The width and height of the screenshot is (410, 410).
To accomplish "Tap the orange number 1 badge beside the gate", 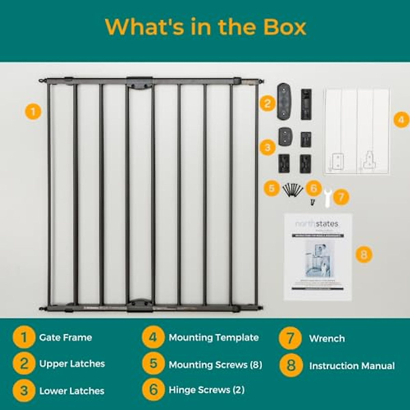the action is (33, 112).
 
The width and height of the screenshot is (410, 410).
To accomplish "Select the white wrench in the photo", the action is (327, 198).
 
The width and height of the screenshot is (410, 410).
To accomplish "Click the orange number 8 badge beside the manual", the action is (364, 255).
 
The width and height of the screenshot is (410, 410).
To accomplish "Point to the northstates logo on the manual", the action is (316, 224).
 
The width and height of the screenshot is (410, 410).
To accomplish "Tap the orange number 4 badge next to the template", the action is (401, 120).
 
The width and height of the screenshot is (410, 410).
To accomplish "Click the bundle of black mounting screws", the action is (292, 189).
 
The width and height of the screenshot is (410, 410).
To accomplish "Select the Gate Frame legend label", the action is (66, 338).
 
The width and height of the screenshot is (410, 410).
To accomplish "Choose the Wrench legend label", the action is (327, 339).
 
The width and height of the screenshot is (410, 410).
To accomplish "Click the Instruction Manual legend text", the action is (352, 366).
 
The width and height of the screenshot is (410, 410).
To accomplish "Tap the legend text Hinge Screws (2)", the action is (207, 390).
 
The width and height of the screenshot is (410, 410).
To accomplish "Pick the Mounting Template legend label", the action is (214, 338).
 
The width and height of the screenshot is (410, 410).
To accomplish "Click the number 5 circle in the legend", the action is (153, 364).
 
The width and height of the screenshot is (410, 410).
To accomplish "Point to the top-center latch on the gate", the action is (139, 83).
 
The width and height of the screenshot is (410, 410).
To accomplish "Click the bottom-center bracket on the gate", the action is (139, 305).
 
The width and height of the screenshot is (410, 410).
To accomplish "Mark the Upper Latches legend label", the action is (72, 364).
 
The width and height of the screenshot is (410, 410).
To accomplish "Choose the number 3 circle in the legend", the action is (24, 391).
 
